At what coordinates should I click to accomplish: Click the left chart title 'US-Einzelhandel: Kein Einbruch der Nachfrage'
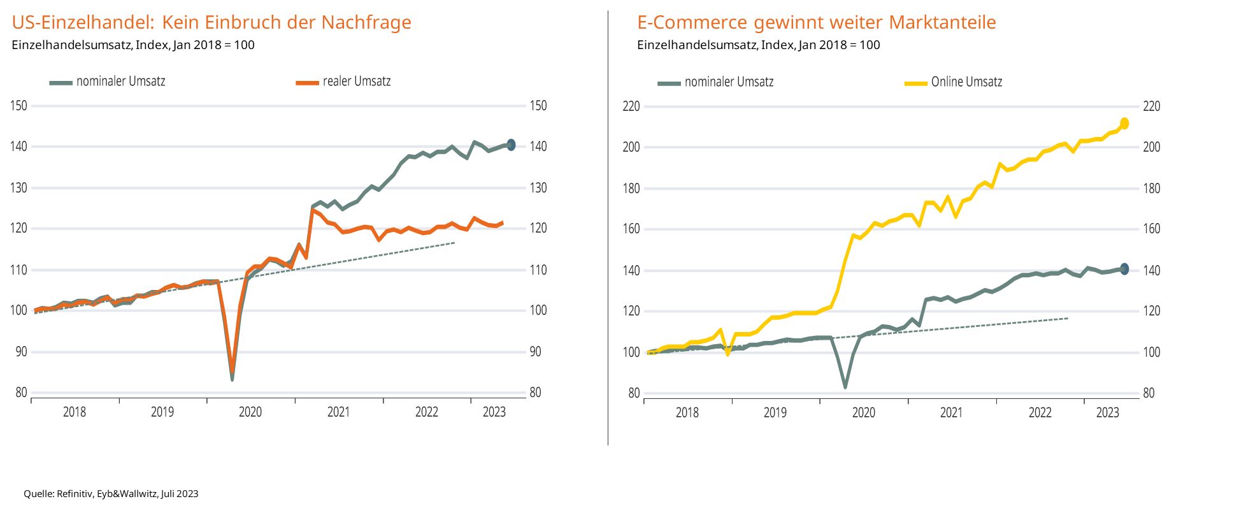click(x=211, y=22)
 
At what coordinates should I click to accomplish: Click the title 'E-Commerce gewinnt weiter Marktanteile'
click(x=816, y=22)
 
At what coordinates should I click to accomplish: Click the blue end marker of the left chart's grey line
click(x=511, y=145)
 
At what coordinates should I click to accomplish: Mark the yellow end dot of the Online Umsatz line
click(x=1124, y=123)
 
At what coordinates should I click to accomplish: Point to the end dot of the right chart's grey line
click(x=1124, y=269)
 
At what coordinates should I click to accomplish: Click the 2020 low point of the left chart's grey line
click(x=232, y=379)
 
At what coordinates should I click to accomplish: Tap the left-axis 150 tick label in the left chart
click(x=19, y=106)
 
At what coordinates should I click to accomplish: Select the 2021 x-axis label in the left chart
click(x=338, y=412)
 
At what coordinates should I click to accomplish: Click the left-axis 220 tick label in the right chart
click(x=631, y=106)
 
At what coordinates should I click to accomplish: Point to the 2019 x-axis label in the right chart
click(x=775, y=412)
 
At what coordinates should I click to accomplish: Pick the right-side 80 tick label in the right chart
click(x=1149, y=393)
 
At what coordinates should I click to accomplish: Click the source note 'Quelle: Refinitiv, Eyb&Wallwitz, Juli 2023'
click(x=111, y=494)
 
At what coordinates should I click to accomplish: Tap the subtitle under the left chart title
click(x=133, y=45)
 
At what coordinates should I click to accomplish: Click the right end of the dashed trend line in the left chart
click(x=454, y=243)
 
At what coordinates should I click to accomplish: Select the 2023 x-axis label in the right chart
click(x=1107, y=412)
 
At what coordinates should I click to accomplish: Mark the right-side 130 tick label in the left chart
click(x=538, y=188)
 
